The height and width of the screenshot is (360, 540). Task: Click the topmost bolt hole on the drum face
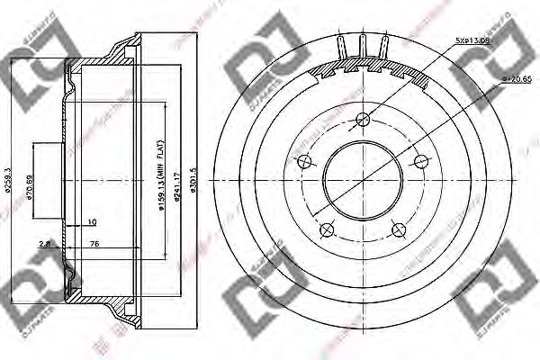(x=363, y=119)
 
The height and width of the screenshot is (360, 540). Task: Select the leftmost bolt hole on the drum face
(x=304, y=161)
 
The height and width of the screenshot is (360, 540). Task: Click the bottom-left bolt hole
(x=327, y=230)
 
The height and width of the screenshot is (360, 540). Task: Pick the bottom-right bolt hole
(x=399, y=230)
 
